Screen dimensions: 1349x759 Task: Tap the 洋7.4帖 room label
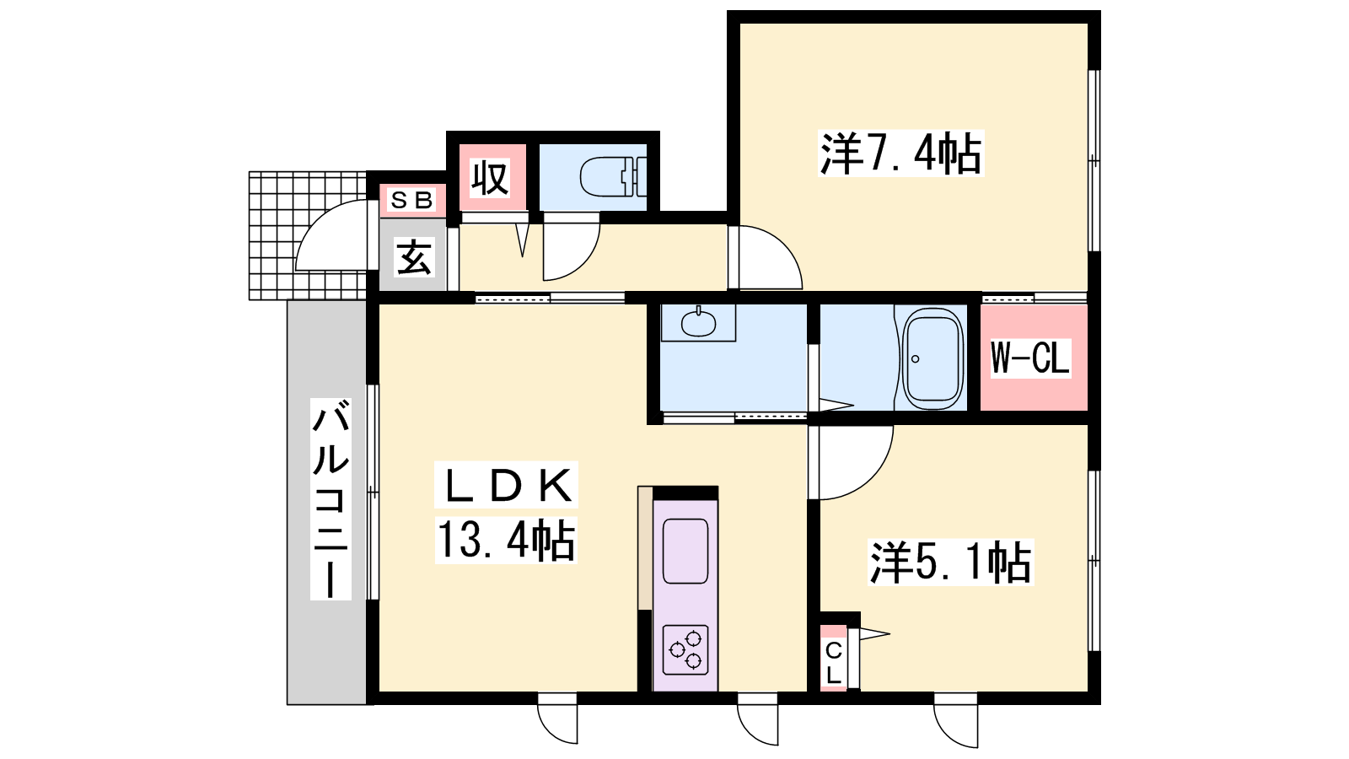coord(901,153)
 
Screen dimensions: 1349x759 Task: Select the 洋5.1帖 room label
coord(951,562)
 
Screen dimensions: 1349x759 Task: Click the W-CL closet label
coord(1030,358)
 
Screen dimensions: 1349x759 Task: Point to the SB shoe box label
coord(412,200)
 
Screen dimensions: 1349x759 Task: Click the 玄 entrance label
coord(414,257)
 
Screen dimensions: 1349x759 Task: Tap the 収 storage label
coord(490,177)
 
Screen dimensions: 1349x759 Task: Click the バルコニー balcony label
coord(331,498)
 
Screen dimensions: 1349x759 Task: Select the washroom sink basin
coord(699,324)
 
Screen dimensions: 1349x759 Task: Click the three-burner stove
coord(685,650)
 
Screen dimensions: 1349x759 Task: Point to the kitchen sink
coord(685,552)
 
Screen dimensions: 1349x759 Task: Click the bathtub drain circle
coord(916,359)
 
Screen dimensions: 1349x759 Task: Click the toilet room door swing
coord(583,262)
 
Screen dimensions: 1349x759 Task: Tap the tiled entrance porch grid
coord(308,235)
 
